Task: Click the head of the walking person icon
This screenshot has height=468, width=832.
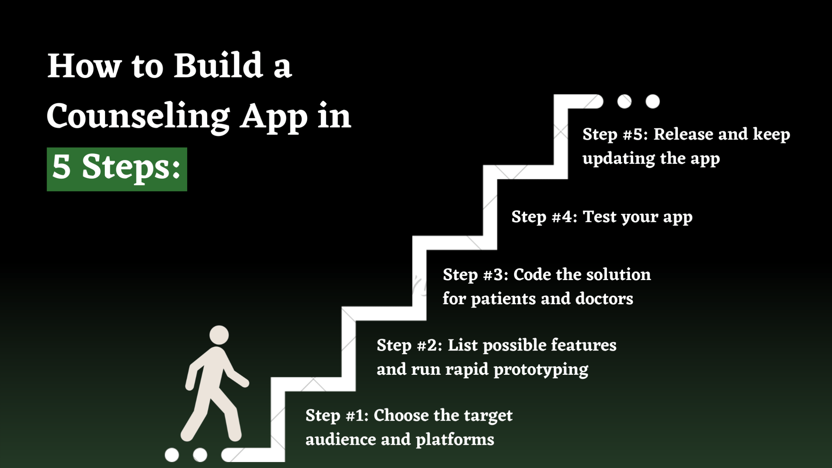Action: tap(219, 335)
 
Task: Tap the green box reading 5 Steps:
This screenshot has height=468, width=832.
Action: tap(117, 169)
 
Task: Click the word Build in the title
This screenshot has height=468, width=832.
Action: tap(218, 66)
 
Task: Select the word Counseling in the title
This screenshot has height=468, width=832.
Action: tap(138, 117)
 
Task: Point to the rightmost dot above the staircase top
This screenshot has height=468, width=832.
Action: tap(652, 101)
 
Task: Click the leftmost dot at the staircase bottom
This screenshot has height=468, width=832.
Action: tap(172, 455)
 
